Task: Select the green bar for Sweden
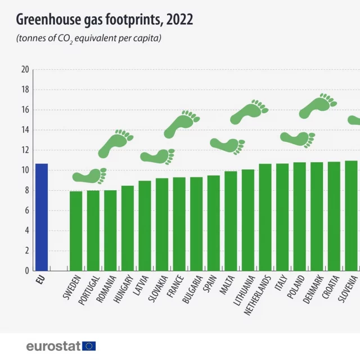click(76, 231)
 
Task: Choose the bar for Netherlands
click(265, 217)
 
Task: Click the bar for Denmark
click(317, 216)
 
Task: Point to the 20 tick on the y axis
click(24, 70)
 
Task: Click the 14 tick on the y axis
click(24, 130)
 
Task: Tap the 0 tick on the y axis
click(26, 270)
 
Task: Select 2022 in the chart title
click(180, 20)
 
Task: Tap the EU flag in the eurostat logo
click(89, 346)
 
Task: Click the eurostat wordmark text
click(53, 346)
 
